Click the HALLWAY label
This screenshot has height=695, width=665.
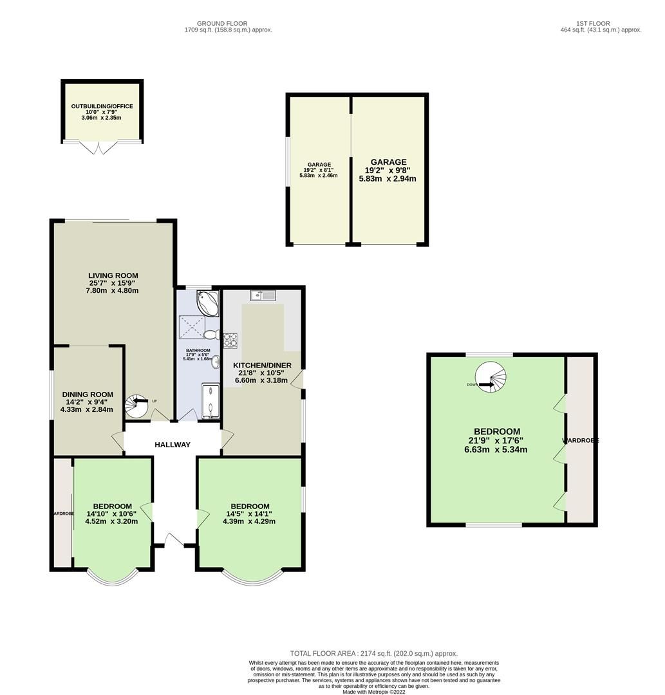point(172,445)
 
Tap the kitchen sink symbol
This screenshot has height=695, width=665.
point(263,295)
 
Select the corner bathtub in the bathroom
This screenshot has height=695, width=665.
point(207,302)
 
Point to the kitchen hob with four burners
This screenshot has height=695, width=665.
point(230,339)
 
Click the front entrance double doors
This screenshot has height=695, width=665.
point(173,541)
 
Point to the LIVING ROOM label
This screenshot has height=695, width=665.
point(113,275)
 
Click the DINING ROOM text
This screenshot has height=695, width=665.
point(88,394)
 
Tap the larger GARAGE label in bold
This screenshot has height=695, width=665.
point(388,162)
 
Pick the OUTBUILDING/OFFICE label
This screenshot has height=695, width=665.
point(102,106)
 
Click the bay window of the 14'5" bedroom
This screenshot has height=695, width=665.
point(252,579)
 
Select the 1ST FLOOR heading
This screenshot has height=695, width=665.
point(593,24)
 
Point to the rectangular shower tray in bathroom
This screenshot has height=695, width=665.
point(211,402)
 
